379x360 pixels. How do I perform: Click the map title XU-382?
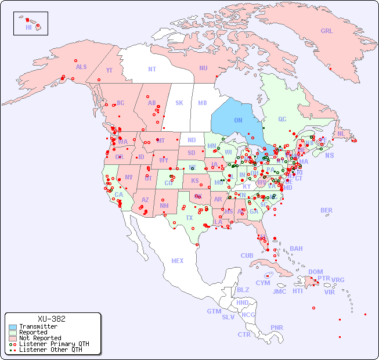tap(51, 319)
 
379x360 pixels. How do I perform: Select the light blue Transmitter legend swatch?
tap(13, 327)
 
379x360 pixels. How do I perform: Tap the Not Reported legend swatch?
tap(13, 338)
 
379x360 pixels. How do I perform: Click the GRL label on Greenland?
tap(327, 31)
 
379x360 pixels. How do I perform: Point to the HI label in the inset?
tap(28, 27)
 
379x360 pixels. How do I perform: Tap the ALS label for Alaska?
tap(81, 67)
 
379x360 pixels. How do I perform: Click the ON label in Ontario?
tap(238, 120)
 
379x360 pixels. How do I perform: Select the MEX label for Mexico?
tap(178, 261)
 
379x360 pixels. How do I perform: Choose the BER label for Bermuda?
tap(327, 210)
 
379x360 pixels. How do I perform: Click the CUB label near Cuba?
tap(247, 255)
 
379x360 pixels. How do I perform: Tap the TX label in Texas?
tap(189, 218)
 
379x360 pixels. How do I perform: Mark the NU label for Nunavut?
tap(203, 68)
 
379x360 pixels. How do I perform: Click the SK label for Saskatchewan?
tap(179, 103)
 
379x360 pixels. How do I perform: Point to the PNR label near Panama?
tap(277, 327)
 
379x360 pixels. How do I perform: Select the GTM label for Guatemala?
tap(214, 311)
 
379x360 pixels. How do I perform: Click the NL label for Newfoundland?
tap(341, 134)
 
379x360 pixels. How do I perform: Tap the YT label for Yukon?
tap(109, 70)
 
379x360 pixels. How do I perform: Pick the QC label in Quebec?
tap(282, 119)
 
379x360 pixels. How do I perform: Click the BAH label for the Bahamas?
tap(296, 249)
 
